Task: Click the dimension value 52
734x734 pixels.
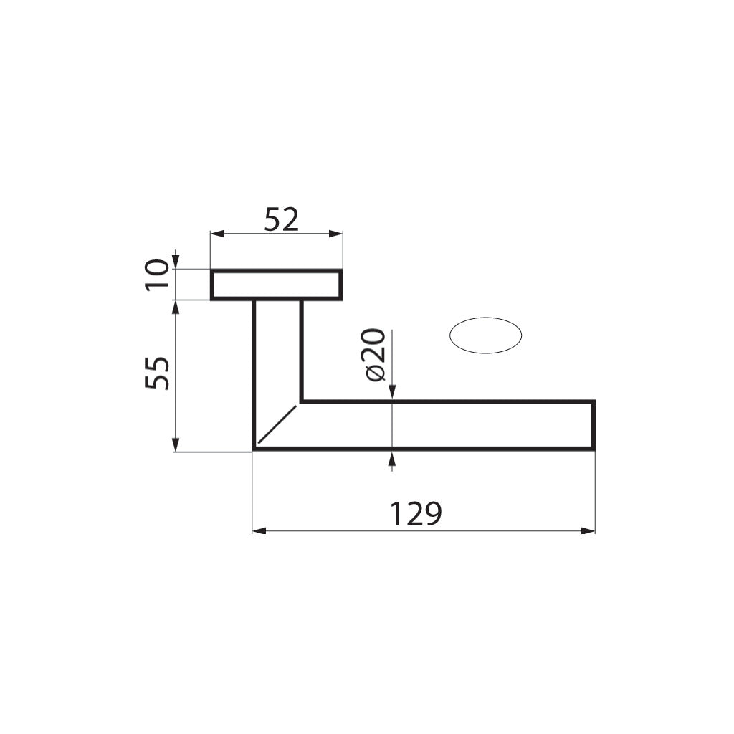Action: [x=280, y=219]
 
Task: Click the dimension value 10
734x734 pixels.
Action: [x=158, y=275]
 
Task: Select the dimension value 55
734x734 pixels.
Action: [x=158, y=372]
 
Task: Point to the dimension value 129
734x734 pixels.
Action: [x=415, y=514]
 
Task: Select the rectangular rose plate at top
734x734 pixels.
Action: [x=276, y=285]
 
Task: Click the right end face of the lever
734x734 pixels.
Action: [x=594, y=426]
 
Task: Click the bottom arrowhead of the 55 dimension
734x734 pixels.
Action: [x=176, y=445]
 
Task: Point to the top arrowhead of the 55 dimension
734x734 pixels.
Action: [x=176, y=306]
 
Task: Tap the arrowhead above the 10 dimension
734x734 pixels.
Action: [x=176, y=262]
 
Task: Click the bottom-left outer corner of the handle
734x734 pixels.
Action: [x=254, y=449]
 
